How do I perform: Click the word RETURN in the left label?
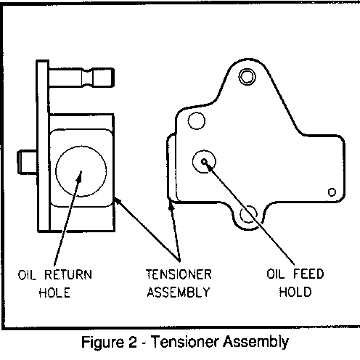(x=68, y=274)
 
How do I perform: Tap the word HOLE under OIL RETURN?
(x=54, y=292)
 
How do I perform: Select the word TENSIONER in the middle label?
(x=179, y=274)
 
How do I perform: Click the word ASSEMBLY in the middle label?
(x=179, y=292)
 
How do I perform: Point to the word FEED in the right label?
(x=308, y=274)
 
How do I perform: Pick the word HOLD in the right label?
(x=295, y=292)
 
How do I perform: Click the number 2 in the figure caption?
(x=132, y=342)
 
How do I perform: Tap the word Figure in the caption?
(x=102, y=343)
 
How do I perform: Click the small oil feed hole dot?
(x=205, y=161)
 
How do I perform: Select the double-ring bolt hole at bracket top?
(x=247, y=77)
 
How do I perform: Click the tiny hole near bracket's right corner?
(x=332, y=192)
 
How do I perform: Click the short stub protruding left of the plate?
(x=27, y=162)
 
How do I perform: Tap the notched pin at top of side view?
(x=81, y=78)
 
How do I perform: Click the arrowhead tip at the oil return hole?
(x=81, y=171)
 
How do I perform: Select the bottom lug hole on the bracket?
(x=248, y=214)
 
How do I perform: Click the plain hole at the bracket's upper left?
(x=197, y=120)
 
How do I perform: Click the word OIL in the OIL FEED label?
(x=275, y=274)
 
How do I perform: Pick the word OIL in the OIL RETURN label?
(x=27, y=275)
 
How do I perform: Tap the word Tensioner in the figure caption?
(x=186, y=342)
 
